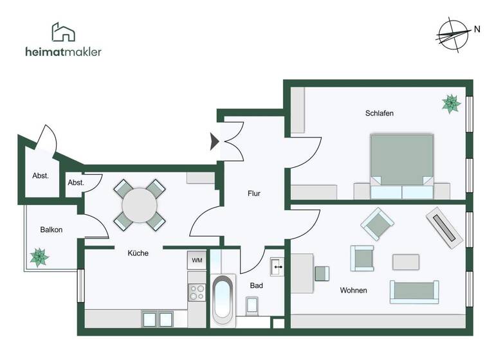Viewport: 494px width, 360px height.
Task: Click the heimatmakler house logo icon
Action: (63, 32)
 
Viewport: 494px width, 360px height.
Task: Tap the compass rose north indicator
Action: (453, 33)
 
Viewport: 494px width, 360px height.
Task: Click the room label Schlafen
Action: (379, 113)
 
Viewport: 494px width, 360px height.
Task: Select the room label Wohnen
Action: (353, 291)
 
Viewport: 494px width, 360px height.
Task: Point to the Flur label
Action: (254, 193)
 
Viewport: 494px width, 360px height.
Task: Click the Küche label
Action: (138, 253)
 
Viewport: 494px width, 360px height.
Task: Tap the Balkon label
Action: (51, 230)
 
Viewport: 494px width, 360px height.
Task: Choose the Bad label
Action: (256, 285)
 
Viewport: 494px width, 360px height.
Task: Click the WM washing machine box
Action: (197, 260)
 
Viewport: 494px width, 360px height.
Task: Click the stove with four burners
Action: (196, 293)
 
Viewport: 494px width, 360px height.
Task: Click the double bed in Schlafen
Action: (401, 166)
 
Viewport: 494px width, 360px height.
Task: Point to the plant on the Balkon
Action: (39, 257)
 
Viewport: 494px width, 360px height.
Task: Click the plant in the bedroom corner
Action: (451, 104)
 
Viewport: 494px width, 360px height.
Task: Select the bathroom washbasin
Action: (278, 265)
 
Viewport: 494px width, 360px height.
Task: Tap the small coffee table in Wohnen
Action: (406, 262)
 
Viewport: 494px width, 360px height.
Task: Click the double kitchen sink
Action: (158, 319)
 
